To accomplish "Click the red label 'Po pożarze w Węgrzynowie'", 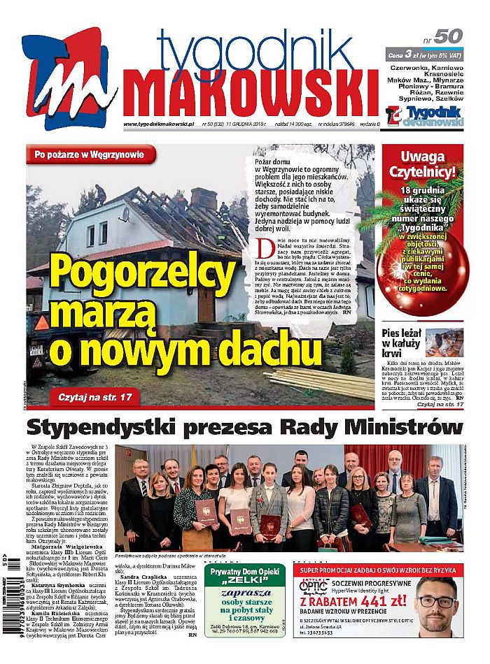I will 90,154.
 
